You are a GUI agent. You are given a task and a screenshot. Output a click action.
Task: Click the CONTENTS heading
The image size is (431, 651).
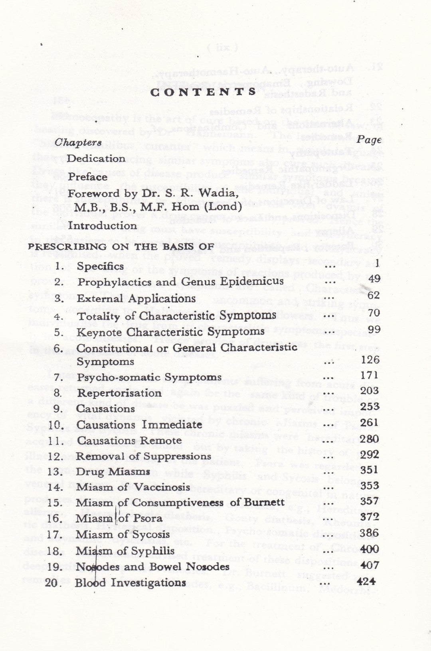[x=203, y=92]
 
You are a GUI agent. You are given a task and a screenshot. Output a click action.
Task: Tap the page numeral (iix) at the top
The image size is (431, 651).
[x=223, y=47]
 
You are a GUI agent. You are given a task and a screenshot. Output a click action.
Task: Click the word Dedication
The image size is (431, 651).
[x=96, y=158]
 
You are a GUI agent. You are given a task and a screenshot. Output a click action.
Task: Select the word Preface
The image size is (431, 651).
[x=87, y=176]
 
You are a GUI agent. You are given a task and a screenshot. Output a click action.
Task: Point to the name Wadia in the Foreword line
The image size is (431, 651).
[x=221, y=194]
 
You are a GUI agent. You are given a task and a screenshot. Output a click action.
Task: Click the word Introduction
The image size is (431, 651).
[x=103, y=225]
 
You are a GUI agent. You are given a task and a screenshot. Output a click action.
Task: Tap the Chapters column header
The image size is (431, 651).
[x=78, y=142]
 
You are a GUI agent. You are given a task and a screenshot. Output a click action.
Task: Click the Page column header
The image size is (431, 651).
[x=369, y=140]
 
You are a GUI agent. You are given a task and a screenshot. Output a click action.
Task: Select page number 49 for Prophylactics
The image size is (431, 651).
[x=374, y=278]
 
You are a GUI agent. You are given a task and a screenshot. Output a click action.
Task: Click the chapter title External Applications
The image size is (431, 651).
[x=136, y=299]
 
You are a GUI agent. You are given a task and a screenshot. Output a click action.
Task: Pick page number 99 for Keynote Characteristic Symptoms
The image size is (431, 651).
[x=374, y=329]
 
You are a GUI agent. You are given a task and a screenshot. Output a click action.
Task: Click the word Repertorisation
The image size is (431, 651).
[x=119, y=393]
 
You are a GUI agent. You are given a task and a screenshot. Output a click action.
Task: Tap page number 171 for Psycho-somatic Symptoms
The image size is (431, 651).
[x=369, y=375]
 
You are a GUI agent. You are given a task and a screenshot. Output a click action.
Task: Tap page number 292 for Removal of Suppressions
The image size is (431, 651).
[x=369, y=454]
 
